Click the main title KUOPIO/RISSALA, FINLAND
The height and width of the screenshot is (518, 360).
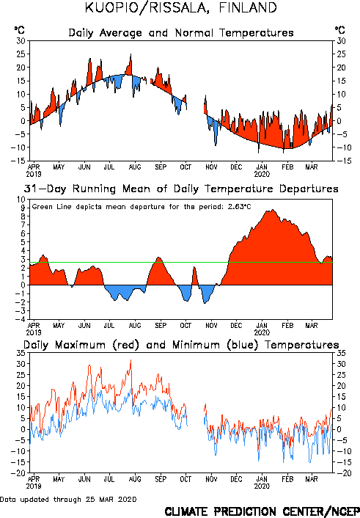pyautogui.click(x=180, y=8)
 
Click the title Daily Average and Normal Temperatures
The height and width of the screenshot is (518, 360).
pyautogui.click(x=181, y=33)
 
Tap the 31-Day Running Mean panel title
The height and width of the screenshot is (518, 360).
pyautogui.click(x=181, y=189)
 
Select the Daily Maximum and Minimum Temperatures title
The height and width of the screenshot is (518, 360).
pyautogui.click(x=181, y=345)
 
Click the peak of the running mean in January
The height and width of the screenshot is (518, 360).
pyautogui.click(x=272, y=210)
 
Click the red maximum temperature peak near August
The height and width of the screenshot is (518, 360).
pyautogui.click(x=131, y=360)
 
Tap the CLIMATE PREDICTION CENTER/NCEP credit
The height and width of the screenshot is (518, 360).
pyautogui.click(x=262, y=511)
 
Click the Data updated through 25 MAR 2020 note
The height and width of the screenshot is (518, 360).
pyautogui.click(x=68, y=499)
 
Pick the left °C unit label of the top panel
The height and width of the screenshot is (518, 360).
pyautogui.click(x=19, y=30)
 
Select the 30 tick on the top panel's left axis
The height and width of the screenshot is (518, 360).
pyautogui.click(x=21, y=41)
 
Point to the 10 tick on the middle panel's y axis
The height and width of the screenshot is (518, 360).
pyautogui.click(x=21, y=200)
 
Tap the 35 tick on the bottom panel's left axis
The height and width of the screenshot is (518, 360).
pyautogui.click(x=21, y=353)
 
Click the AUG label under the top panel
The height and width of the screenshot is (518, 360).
pyautogui.click(x=135, y=167)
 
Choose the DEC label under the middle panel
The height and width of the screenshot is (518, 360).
pyautogui.click(x=236, y=326)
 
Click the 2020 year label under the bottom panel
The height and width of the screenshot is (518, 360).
pyautogui.click(x=262, y=486)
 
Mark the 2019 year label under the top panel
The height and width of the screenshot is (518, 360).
pyautogui.click(x=34, y=174)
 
